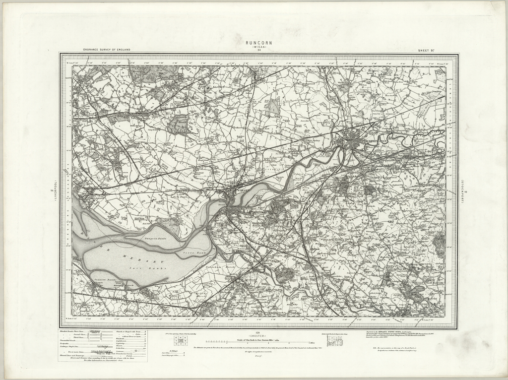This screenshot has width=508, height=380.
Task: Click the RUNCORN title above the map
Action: tap(258, 43)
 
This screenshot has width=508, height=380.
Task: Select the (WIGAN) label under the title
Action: tap(258, 48)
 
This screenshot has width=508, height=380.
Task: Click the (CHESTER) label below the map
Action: tap(258, 336)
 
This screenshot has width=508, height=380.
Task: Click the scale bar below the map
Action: tap(258, 342)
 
